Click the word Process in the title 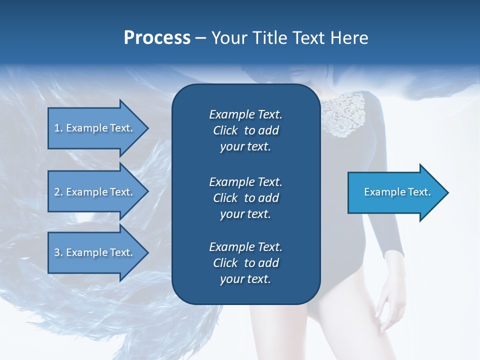[156, 38]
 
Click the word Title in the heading [268, 38]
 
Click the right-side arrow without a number [395, 192]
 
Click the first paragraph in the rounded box [245, 130]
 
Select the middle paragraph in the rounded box [245, 198]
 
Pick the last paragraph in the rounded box [245, 263]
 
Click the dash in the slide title [200, 38]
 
